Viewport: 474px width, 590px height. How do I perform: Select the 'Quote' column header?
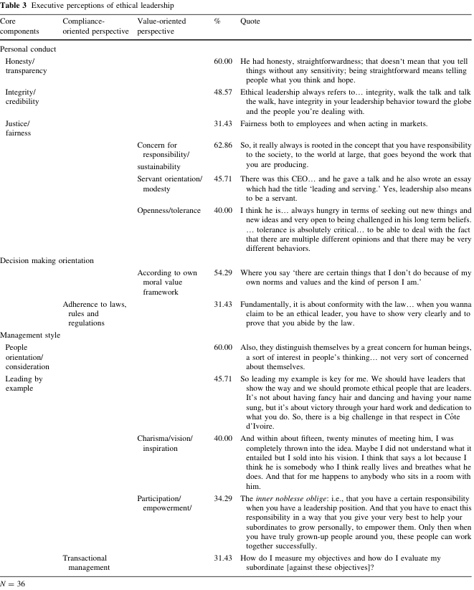pyautogui.click(x=250, y=22)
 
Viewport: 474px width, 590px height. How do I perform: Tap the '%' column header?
pyautogui.click(x=217, y=22)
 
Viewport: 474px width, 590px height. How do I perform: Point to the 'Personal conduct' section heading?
pyautogui.click(x=28, y=49)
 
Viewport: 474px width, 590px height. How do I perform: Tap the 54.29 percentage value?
pyautogui.click(x=223, y=273)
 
